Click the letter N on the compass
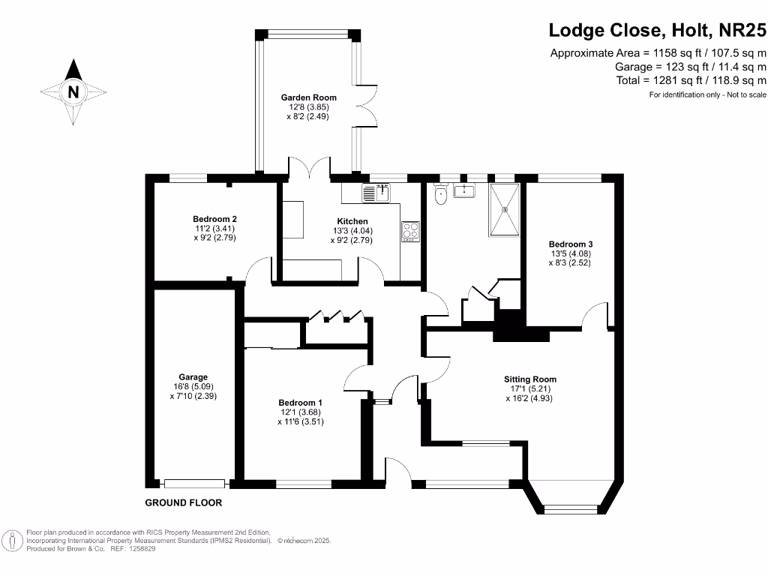click(x=73, y=91)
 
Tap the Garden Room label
click(x=308, y=97)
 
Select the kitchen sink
click(x=376, y=193)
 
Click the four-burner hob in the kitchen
click(x=410, y=232)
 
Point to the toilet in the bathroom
click(x=441, y=193)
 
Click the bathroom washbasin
click(x=463, y=190)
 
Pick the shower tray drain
click(x=505, y=210)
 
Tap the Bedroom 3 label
click(x=571, y=244)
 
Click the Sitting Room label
click(x=530, y=379)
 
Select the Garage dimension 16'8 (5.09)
click(x=193, y=386)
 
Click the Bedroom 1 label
click(x=300, y=403)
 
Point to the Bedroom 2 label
click(x=214, y=219)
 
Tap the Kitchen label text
click(x=352, y=221)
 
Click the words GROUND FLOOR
click(x=184, y=502)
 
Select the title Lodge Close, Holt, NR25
click(x=657, y=30)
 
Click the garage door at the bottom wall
click(x=194, y=484)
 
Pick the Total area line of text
click(x=691, y=80)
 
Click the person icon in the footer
click(x=13, y=541)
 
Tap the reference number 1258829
click(x=142, y=549)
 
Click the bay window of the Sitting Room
click(x=571, y=509)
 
